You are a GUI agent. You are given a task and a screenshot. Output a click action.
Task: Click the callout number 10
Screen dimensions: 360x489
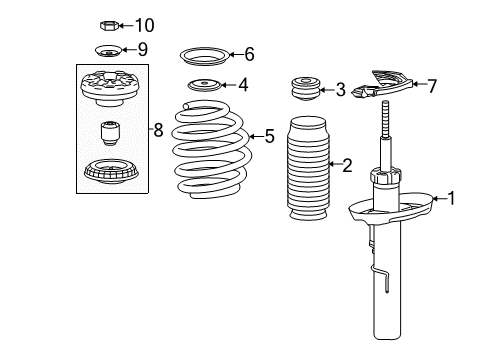[x=145, y=25]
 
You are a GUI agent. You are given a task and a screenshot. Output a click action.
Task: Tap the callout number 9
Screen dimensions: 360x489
[x=142, y=49]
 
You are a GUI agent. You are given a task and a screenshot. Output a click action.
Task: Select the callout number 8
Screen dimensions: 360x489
[x=157, y=128]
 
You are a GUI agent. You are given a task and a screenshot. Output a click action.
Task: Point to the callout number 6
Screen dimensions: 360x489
[x=249, y=54]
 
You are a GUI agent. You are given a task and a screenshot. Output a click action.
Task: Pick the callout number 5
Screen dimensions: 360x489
[x=268, y=136]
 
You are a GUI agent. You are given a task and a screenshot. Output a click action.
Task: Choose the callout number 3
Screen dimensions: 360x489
[x=340, y=91]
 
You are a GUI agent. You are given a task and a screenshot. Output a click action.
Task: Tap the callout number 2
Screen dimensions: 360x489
[x=346, y=165]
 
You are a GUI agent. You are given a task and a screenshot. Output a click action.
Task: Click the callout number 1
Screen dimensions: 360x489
[x=450, y=199]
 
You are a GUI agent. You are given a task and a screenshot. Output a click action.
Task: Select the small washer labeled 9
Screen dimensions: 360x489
[x=108, y=51]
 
